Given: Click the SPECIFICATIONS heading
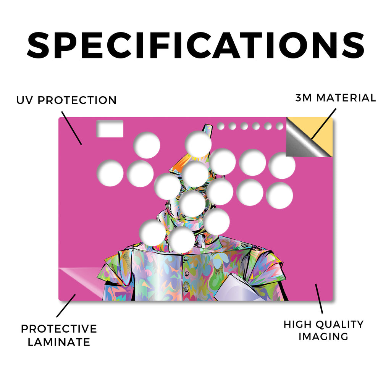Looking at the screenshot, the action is tap(195, 45).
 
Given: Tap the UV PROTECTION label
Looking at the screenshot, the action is tap(66, 100).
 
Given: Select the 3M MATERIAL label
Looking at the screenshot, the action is tap(335, 98).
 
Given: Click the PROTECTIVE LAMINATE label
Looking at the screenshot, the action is tap(59, 335).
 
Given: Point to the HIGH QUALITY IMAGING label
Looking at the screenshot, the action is tap(323, 330).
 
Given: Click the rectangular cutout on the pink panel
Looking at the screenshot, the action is tap(110, 129).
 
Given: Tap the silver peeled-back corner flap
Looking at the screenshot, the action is tap(305, 140).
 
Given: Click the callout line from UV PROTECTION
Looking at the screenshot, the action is tap(71, 128).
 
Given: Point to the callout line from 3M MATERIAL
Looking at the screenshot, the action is tap(324, 124).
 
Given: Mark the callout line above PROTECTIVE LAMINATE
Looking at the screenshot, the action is tap(66, 306).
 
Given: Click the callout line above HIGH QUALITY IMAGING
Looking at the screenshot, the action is tap(319, 299).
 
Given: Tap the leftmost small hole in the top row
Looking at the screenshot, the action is tap(220, 126).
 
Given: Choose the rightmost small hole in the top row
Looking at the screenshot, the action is tap(280, 126).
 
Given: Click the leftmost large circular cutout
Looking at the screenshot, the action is tap(110, 173).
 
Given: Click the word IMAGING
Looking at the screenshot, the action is tap(323, 337).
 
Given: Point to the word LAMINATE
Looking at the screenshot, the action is tap(59, 342).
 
